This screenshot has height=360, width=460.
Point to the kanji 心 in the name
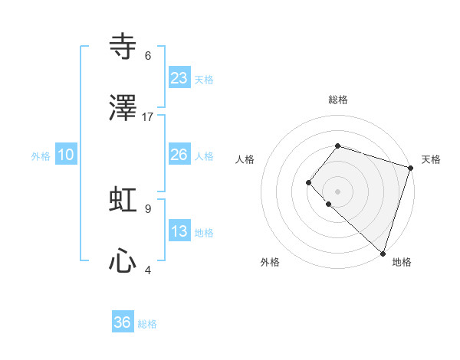(123, 261)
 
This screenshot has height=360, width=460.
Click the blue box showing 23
(179, 78)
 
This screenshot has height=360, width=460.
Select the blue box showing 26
(179, 155)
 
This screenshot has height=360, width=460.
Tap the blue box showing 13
(179, 231)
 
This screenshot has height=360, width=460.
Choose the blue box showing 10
(66, 155)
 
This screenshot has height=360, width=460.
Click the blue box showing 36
(123, 322)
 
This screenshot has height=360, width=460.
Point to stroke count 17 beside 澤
(148, 117)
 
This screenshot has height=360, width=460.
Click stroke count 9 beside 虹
(148, 208)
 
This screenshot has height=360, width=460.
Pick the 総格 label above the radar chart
(338, 100)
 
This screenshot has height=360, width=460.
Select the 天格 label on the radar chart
(431, 159)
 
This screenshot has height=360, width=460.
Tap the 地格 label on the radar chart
(402, 262)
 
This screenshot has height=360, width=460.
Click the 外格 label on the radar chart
(270, 262)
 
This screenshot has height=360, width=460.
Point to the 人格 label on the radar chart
(245, 159)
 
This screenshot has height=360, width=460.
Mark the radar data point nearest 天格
(410, 168)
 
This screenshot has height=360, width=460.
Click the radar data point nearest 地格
(383, 253)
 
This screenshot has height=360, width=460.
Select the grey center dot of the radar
(337, 191)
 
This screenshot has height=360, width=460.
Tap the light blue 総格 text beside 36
(147, 324)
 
